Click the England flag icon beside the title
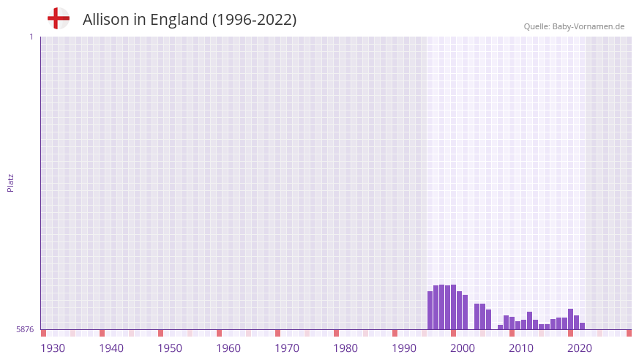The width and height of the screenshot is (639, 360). [58, 19]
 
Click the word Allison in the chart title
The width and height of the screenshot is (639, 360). [107, 20]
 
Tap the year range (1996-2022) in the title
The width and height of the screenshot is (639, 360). [254, 20]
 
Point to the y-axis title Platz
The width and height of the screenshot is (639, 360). [10, 182]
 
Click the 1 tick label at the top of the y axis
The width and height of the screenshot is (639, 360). [31, 37]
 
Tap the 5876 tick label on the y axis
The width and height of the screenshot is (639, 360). [25, 330]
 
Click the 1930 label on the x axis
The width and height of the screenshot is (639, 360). [53, 348]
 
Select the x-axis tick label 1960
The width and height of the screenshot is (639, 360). [228, 348]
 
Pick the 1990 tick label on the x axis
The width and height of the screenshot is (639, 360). [404, 348]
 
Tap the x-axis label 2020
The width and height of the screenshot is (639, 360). [580, 348]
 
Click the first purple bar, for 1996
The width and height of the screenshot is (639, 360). [430, 310]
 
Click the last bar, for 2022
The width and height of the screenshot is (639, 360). [583, 326]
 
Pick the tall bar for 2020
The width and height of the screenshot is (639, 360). [571, 319]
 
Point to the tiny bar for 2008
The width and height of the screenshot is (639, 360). [501, 327]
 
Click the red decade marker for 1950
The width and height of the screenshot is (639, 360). [161, 333]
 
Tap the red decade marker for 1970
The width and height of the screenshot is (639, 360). [278, 333]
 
